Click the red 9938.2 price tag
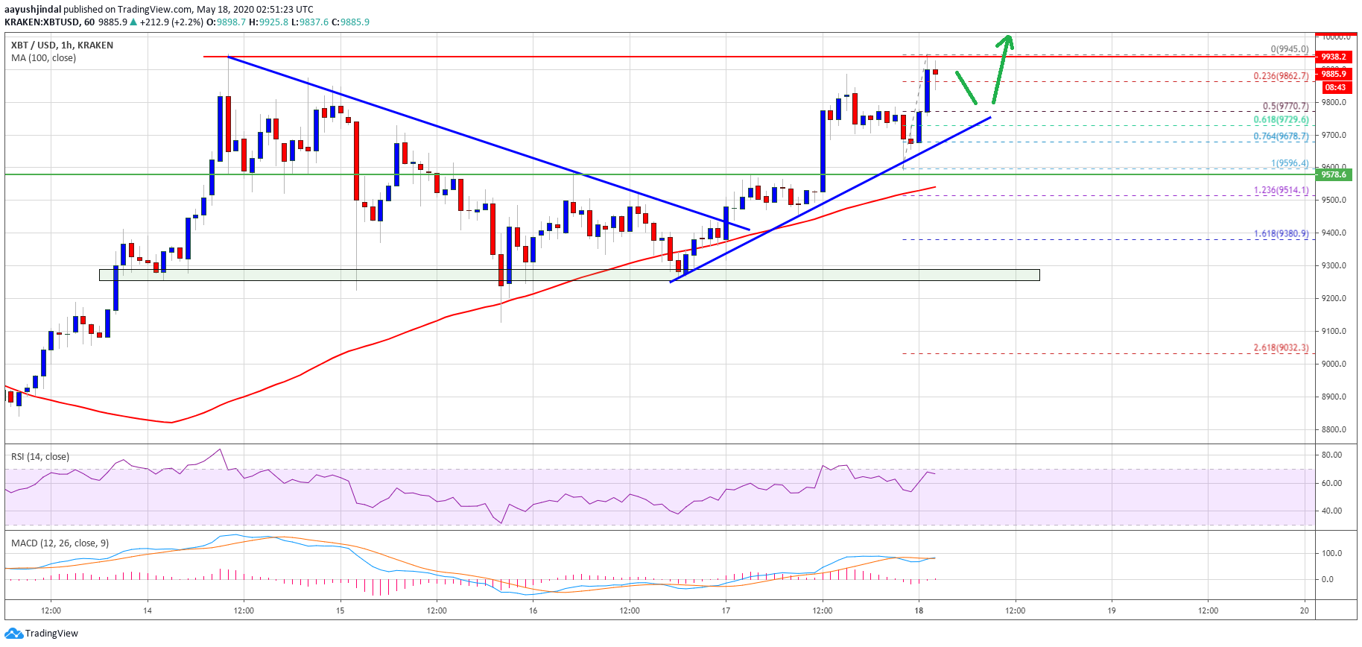[1334, 57]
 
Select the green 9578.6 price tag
[1334, 174]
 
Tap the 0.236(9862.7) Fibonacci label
[1281, 76]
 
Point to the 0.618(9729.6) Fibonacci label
[1281, 120]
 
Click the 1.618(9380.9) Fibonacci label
[1281, 234]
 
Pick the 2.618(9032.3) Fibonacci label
[1281, 348]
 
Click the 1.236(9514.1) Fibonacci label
[1281, 190]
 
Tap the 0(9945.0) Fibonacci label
[1289, 49]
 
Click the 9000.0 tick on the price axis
[1334, 364]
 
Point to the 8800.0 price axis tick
[1334, 429]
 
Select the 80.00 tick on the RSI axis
[1331, 455]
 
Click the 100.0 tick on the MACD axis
[1331, 553]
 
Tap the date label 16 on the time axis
[533, 610]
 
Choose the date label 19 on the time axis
[1111, 610]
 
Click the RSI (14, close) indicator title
[40, 457]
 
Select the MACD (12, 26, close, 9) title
[60, 543]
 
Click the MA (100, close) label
[43, 58]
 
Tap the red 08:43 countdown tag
[1335, 87]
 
